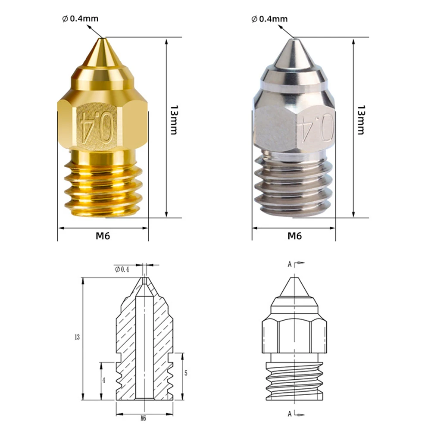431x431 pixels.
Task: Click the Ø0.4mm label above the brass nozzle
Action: pyautogui.click(x=80, y=19)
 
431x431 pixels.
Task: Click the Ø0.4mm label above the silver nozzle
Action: pyautogui.click(x=269, y=19)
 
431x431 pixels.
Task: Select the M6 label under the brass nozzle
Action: pyautogui.click(x=103, y=236)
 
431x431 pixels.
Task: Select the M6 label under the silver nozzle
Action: pyautogui.click(x=294, y=236)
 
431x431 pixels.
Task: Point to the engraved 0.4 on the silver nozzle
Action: pyautogui.click(x=319, y=127)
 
